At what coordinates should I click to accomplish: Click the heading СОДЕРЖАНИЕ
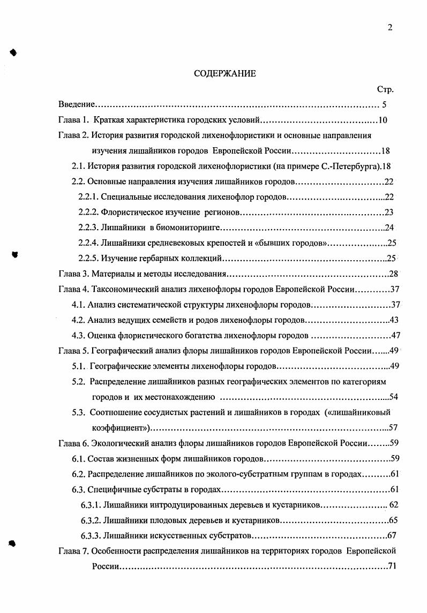224,74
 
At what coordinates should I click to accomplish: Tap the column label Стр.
386,90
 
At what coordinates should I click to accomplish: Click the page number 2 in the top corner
390,28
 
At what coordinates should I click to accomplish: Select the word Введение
77,105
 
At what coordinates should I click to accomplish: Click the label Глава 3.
73,274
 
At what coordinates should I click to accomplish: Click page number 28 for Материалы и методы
394,274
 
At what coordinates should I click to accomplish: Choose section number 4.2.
79,320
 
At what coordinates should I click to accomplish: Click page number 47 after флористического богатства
396,336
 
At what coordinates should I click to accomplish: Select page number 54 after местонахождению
395,397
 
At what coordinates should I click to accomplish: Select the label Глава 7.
73,551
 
